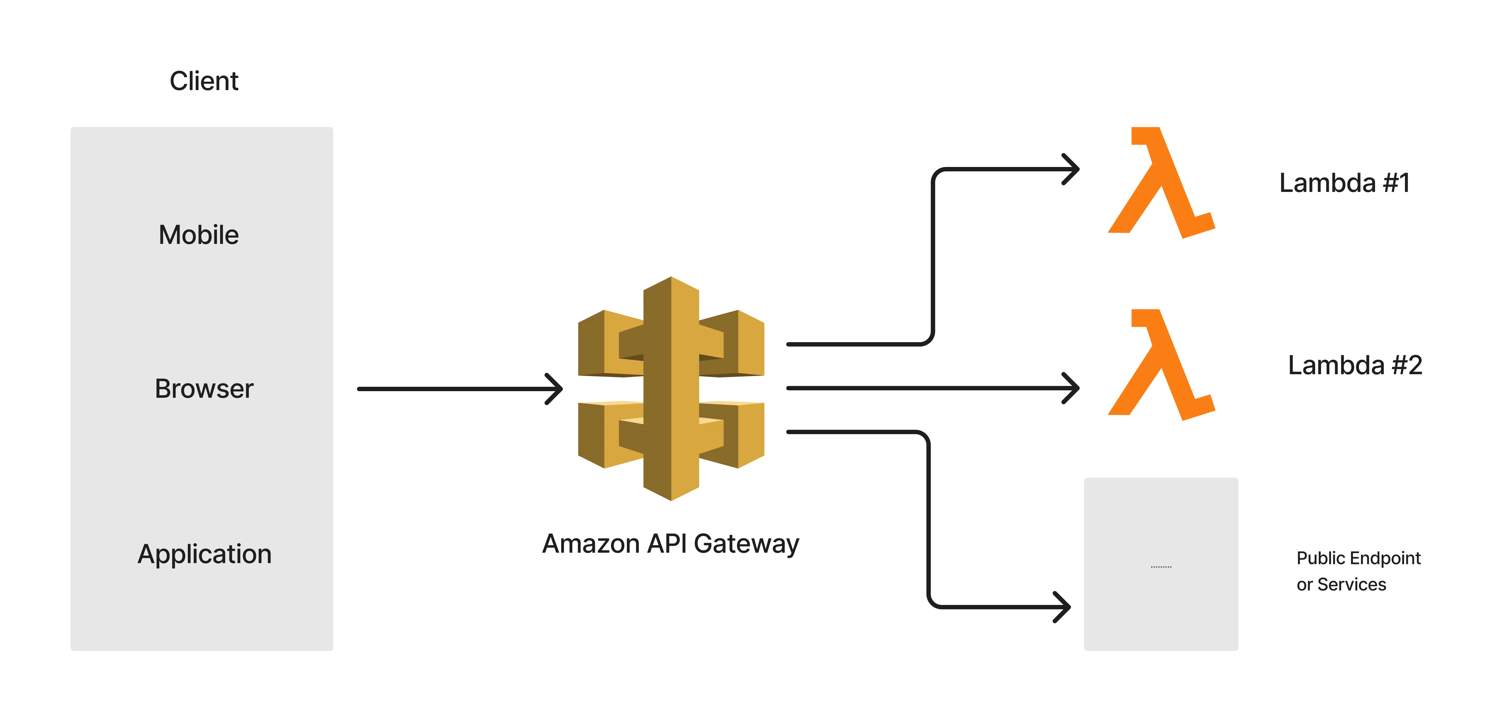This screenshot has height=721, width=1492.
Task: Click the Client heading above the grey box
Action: pyautogui.click(x=204, y=81)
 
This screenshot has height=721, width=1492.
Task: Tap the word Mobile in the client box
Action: pyautogui.click(x=199, y=235)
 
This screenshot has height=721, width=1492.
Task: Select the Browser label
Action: pyautogui.click(x=204, y=389)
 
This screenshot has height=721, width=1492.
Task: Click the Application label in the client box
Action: pyautogui.click(x=204, y=554)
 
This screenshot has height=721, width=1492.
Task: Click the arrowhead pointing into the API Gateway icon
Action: pyautogui.click(x=556, y=389)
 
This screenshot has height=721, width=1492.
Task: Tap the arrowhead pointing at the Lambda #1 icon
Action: pyautogui.click(x=1073, y=169)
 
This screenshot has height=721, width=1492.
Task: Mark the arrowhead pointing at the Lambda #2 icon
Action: pyautogui.click(x=1073, y=388)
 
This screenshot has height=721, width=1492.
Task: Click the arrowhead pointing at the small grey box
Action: pyautogui.click(x=1064, y=607)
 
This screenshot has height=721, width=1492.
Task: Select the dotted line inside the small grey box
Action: pyautogui.click(x=1161, y=566)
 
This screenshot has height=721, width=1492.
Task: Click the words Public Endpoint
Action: pyautogui.click(x=1358, y=558)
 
